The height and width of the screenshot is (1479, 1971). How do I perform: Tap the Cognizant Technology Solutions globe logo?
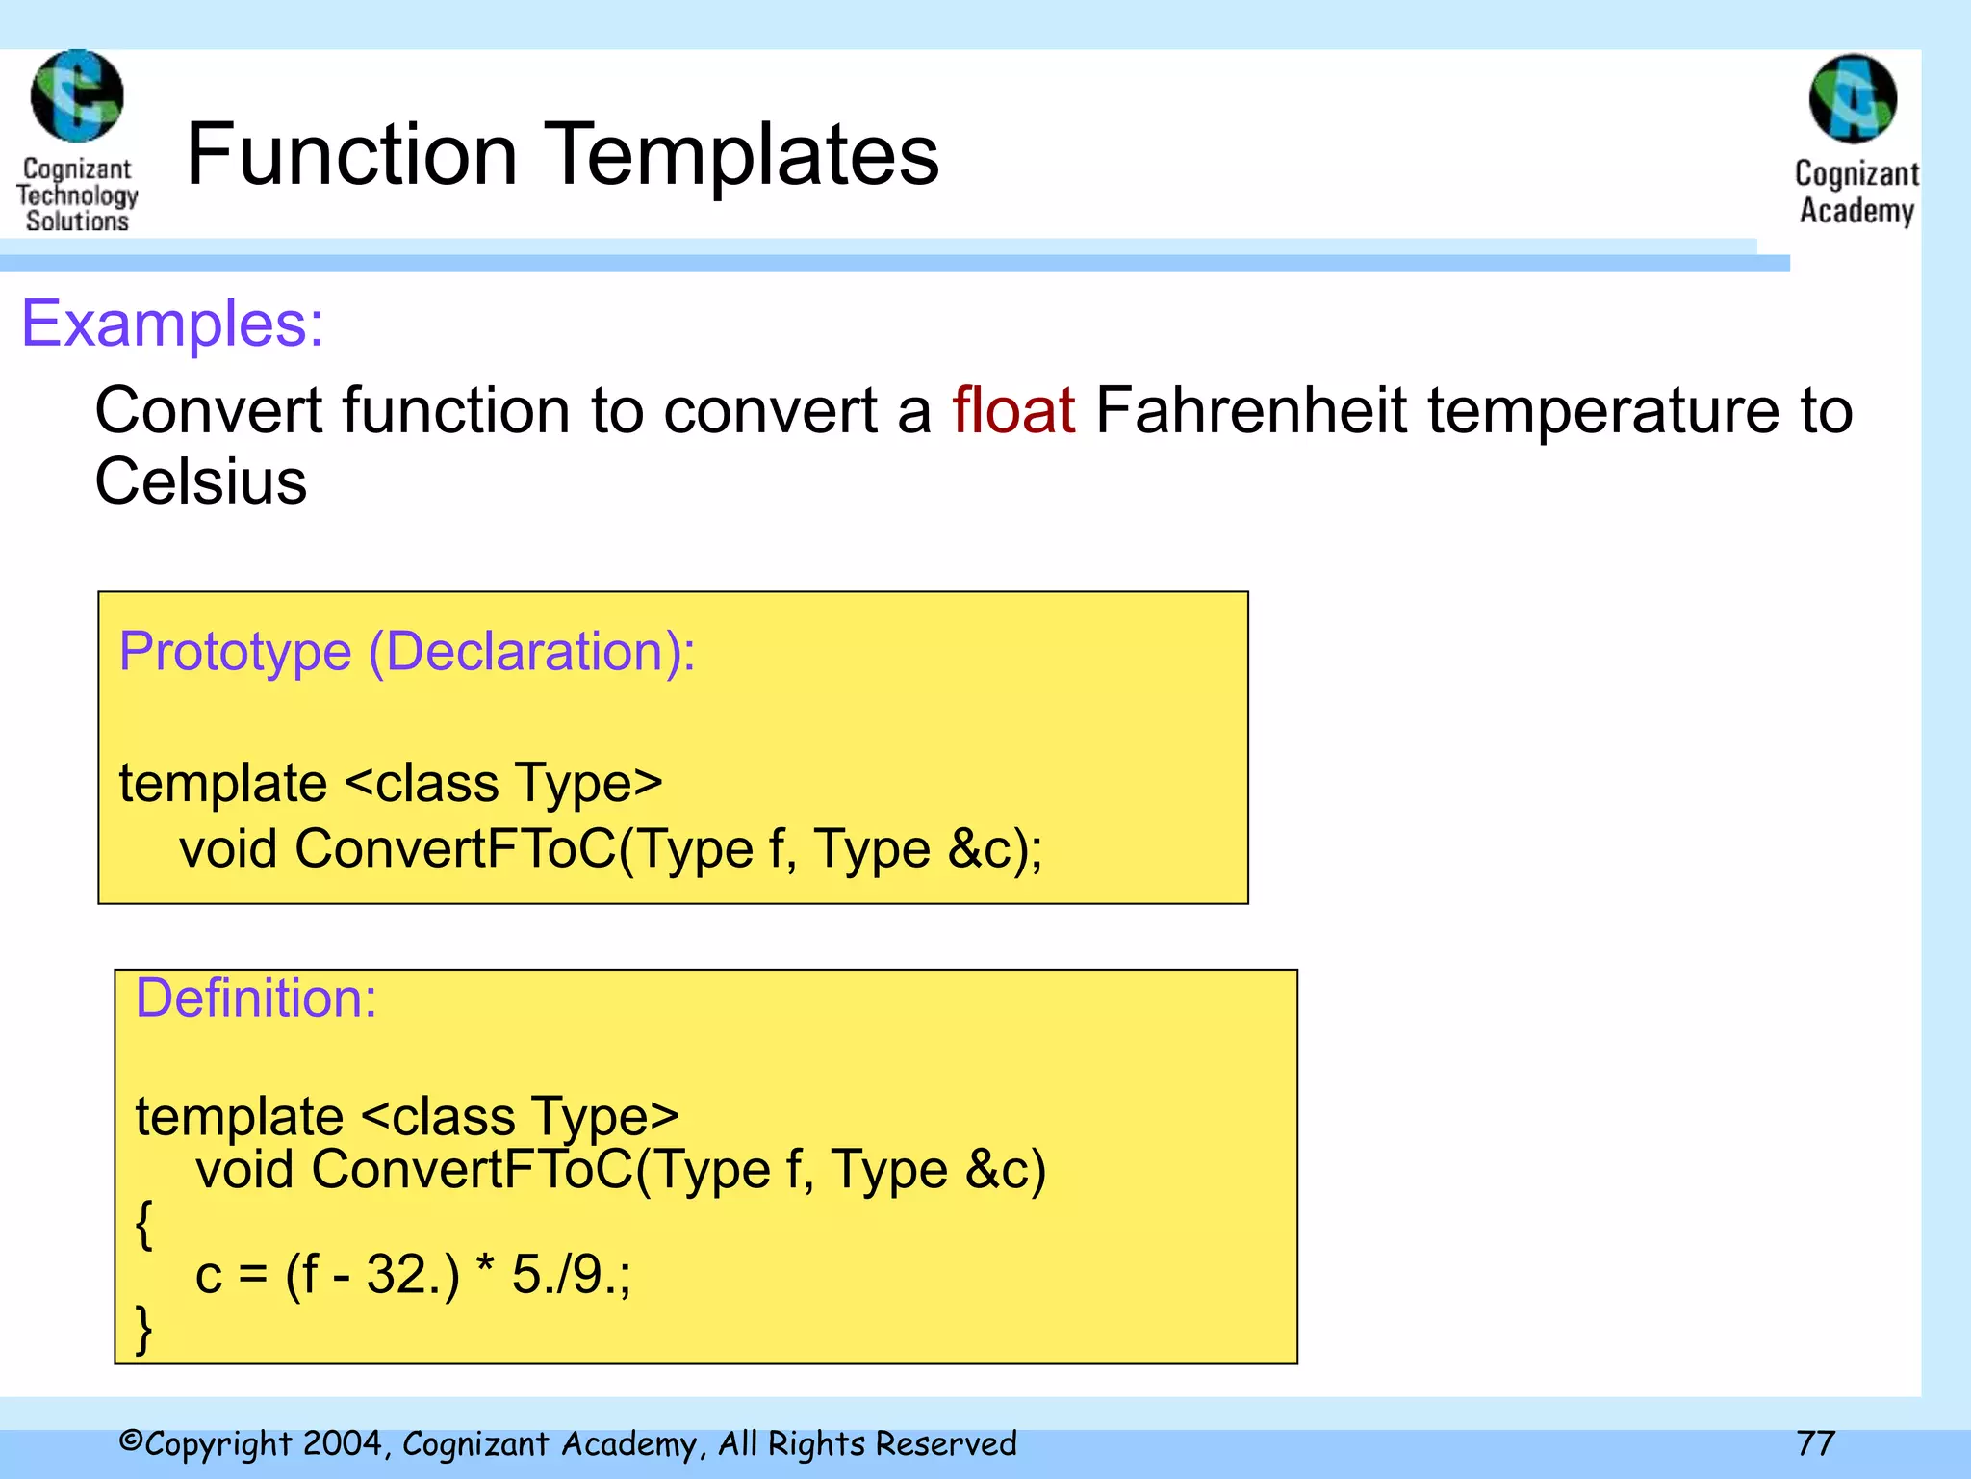[77, 96]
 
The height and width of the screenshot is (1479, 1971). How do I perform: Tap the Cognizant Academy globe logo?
[1853, 99]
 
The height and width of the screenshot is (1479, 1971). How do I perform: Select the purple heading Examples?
[173, 324]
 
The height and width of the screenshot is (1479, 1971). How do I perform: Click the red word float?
[1012, 411]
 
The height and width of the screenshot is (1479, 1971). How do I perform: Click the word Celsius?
[200, 481]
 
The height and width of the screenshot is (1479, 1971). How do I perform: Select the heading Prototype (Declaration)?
[406, 652]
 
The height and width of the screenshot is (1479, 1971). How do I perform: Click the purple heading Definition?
[255, 999]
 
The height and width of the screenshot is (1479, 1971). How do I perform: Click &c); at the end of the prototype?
[994, 849]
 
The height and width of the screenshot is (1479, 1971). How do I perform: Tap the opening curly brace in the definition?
[144, 1225]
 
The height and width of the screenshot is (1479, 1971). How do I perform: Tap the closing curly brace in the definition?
[144, 1331]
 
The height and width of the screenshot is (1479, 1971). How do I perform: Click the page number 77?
[1815, 1443]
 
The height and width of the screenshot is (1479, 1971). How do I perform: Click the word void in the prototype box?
[228, 849]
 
